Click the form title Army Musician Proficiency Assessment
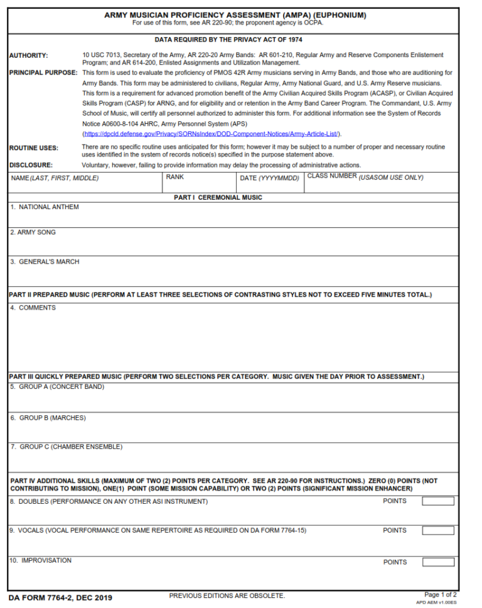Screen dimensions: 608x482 point(235,15)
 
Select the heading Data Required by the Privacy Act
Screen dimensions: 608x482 point(228,40)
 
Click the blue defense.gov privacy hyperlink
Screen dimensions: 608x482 point(212,134)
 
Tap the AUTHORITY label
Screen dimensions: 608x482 point(28,56)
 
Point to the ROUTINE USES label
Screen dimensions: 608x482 point(34,148)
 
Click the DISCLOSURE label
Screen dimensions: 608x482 point(31,165)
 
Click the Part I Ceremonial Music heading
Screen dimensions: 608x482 point(218,197)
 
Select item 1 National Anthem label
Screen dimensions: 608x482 point(45,207)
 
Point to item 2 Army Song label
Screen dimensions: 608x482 point(33,232)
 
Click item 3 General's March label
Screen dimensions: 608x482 point(45,262)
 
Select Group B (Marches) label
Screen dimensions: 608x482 point(48,418)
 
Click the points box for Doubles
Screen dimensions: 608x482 point(437,501)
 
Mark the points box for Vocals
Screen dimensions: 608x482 point(437,531)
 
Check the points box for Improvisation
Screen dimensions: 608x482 point(437,562)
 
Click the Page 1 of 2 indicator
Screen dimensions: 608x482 point(440,594)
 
